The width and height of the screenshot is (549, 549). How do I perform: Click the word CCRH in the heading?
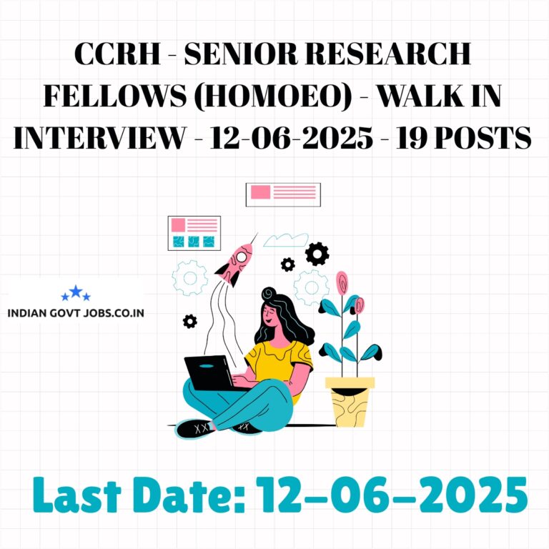pyautogui.click(x=117, y=54)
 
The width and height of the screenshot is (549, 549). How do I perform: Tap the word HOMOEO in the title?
pyautogui.click(x=273, y=96)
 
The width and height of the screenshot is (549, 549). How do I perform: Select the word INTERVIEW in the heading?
pyautogui.click(x=99, y=137)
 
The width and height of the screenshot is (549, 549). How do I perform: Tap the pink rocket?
pyautogui.click(x=235, y=263)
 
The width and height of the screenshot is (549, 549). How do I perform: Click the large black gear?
pyautogui.click(x=317, y=254)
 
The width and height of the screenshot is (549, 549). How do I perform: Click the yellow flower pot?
pyautogui.click(x=350, y=402)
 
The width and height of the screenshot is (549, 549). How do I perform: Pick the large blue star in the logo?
pyautogui.click(x=76, y=292)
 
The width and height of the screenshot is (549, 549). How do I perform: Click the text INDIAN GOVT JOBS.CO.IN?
pyautogui.click(x=76, y=312)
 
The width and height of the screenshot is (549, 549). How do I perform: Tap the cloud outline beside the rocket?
pyautogui.click(x=285, y=240)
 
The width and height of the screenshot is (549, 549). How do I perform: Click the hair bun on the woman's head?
pyautogui.click(x=269, y=293)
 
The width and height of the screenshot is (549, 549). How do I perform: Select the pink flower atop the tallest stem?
pyautogui.click(x=342, y=282)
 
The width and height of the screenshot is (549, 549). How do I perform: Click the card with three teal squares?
pyautogui.click(x=194, y=233)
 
